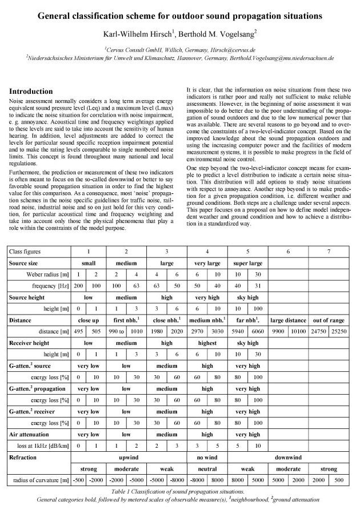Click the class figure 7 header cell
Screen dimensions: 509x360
coord(329,252)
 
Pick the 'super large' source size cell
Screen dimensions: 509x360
coord(247,263)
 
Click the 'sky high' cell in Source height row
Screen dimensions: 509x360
coord(247,298)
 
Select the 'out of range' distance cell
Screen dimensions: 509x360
coord(329,321)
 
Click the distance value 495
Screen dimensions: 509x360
coord(79,332)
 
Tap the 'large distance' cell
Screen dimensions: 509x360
coord(289,321)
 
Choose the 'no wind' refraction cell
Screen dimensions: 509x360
coord(207,459)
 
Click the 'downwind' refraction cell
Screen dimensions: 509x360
coord(289,459)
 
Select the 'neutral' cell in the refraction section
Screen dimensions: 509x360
coord(207,470)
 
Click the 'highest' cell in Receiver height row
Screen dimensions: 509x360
coord(207,344)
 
